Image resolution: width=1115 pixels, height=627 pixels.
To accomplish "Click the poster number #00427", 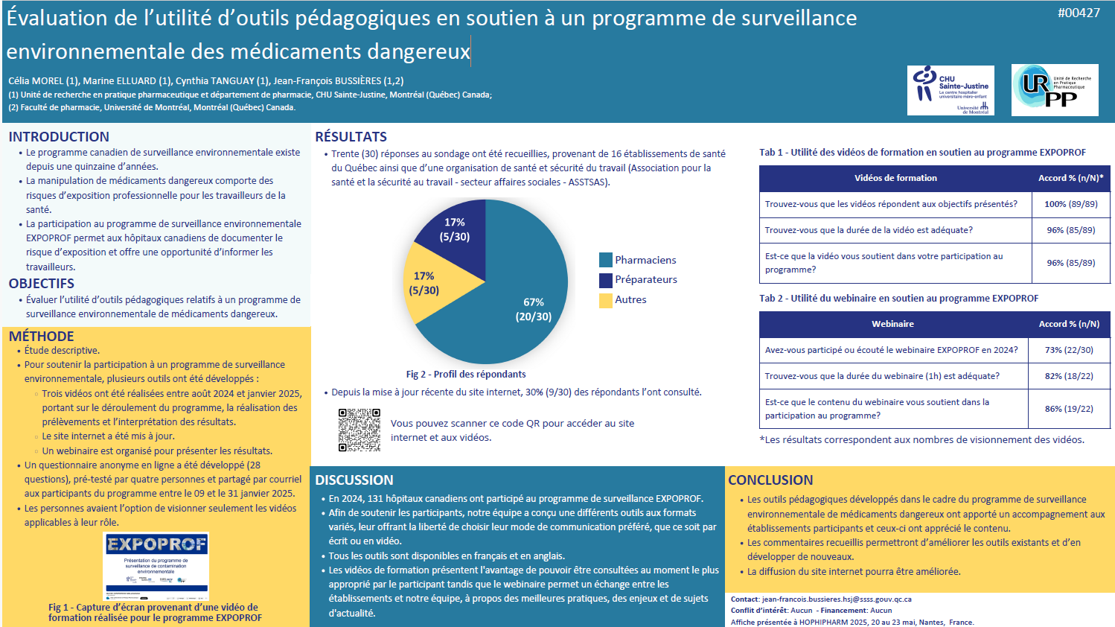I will coord(1079,13).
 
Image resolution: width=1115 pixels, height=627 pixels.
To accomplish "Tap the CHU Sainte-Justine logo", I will coord(951,90).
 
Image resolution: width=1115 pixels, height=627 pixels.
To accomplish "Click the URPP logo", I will coord(1054,90).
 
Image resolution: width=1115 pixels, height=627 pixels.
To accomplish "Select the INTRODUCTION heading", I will coord(59,137).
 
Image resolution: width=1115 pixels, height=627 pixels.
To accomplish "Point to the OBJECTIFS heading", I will coord(42,284).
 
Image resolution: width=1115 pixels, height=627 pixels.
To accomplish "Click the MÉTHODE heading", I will coord(42,337).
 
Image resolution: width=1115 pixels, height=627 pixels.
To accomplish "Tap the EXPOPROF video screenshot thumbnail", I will coord(156,566).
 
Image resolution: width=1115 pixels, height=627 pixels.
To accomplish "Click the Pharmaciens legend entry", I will coord(645,260).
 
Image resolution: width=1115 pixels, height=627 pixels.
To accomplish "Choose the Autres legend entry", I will coord(630,299).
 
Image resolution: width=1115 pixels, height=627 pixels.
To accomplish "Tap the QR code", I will coord(360,430).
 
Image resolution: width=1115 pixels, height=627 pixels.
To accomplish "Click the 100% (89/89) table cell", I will coord(1070,204).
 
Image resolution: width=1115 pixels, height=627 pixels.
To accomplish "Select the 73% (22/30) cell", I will coord(1069,350).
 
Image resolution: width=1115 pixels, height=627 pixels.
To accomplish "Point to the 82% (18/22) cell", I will coord(1069,376).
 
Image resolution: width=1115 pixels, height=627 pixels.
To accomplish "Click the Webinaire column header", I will coord(892,324).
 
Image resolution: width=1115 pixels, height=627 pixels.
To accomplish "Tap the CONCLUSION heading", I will coord(770,480).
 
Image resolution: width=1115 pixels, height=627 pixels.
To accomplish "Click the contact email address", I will coord(837,599).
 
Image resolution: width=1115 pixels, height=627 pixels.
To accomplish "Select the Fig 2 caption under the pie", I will coord(466,375).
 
